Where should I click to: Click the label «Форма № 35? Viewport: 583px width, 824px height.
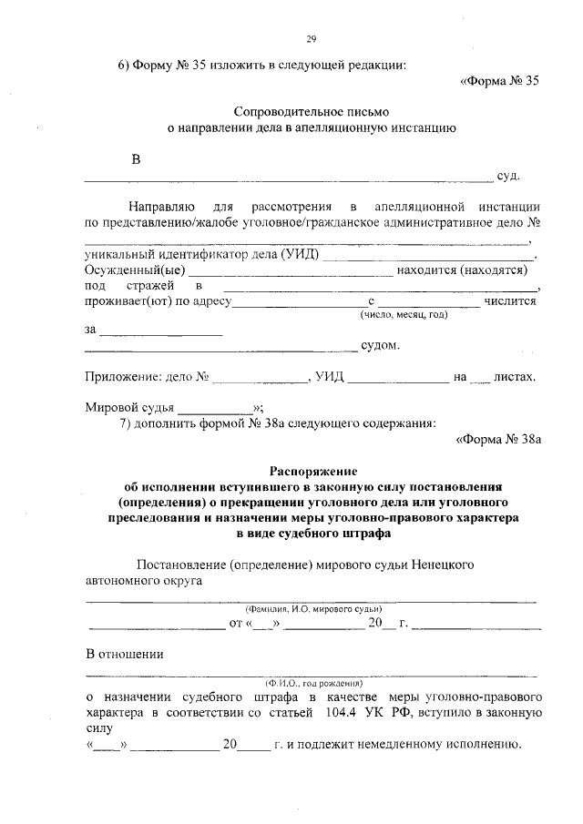click(x=500, y=80)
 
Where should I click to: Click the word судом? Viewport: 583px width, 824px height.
click(x=380, y=346)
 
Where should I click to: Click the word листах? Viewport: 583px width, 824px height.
click(x=515, y=376)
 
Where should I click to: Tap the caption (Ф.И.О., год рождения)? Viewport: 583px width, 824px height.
click(x=312, y=681)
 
